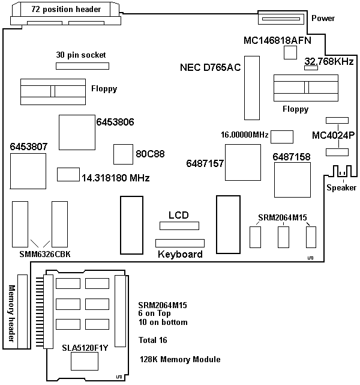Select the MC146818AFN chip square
click(x=290, y=53)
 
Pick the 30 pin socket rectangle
click(x=81, y=64)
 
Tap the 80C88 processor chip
click(x=122, y=154)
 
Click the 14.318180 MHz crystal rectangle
click(x=67, y=175)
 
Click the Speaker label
click(x=341, y=188)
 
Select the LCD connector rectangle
click(x=178, y=226)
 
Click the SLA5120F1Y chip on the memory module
click(x=84, y=361)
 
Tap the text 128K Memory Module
click(x=179, y=359)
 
